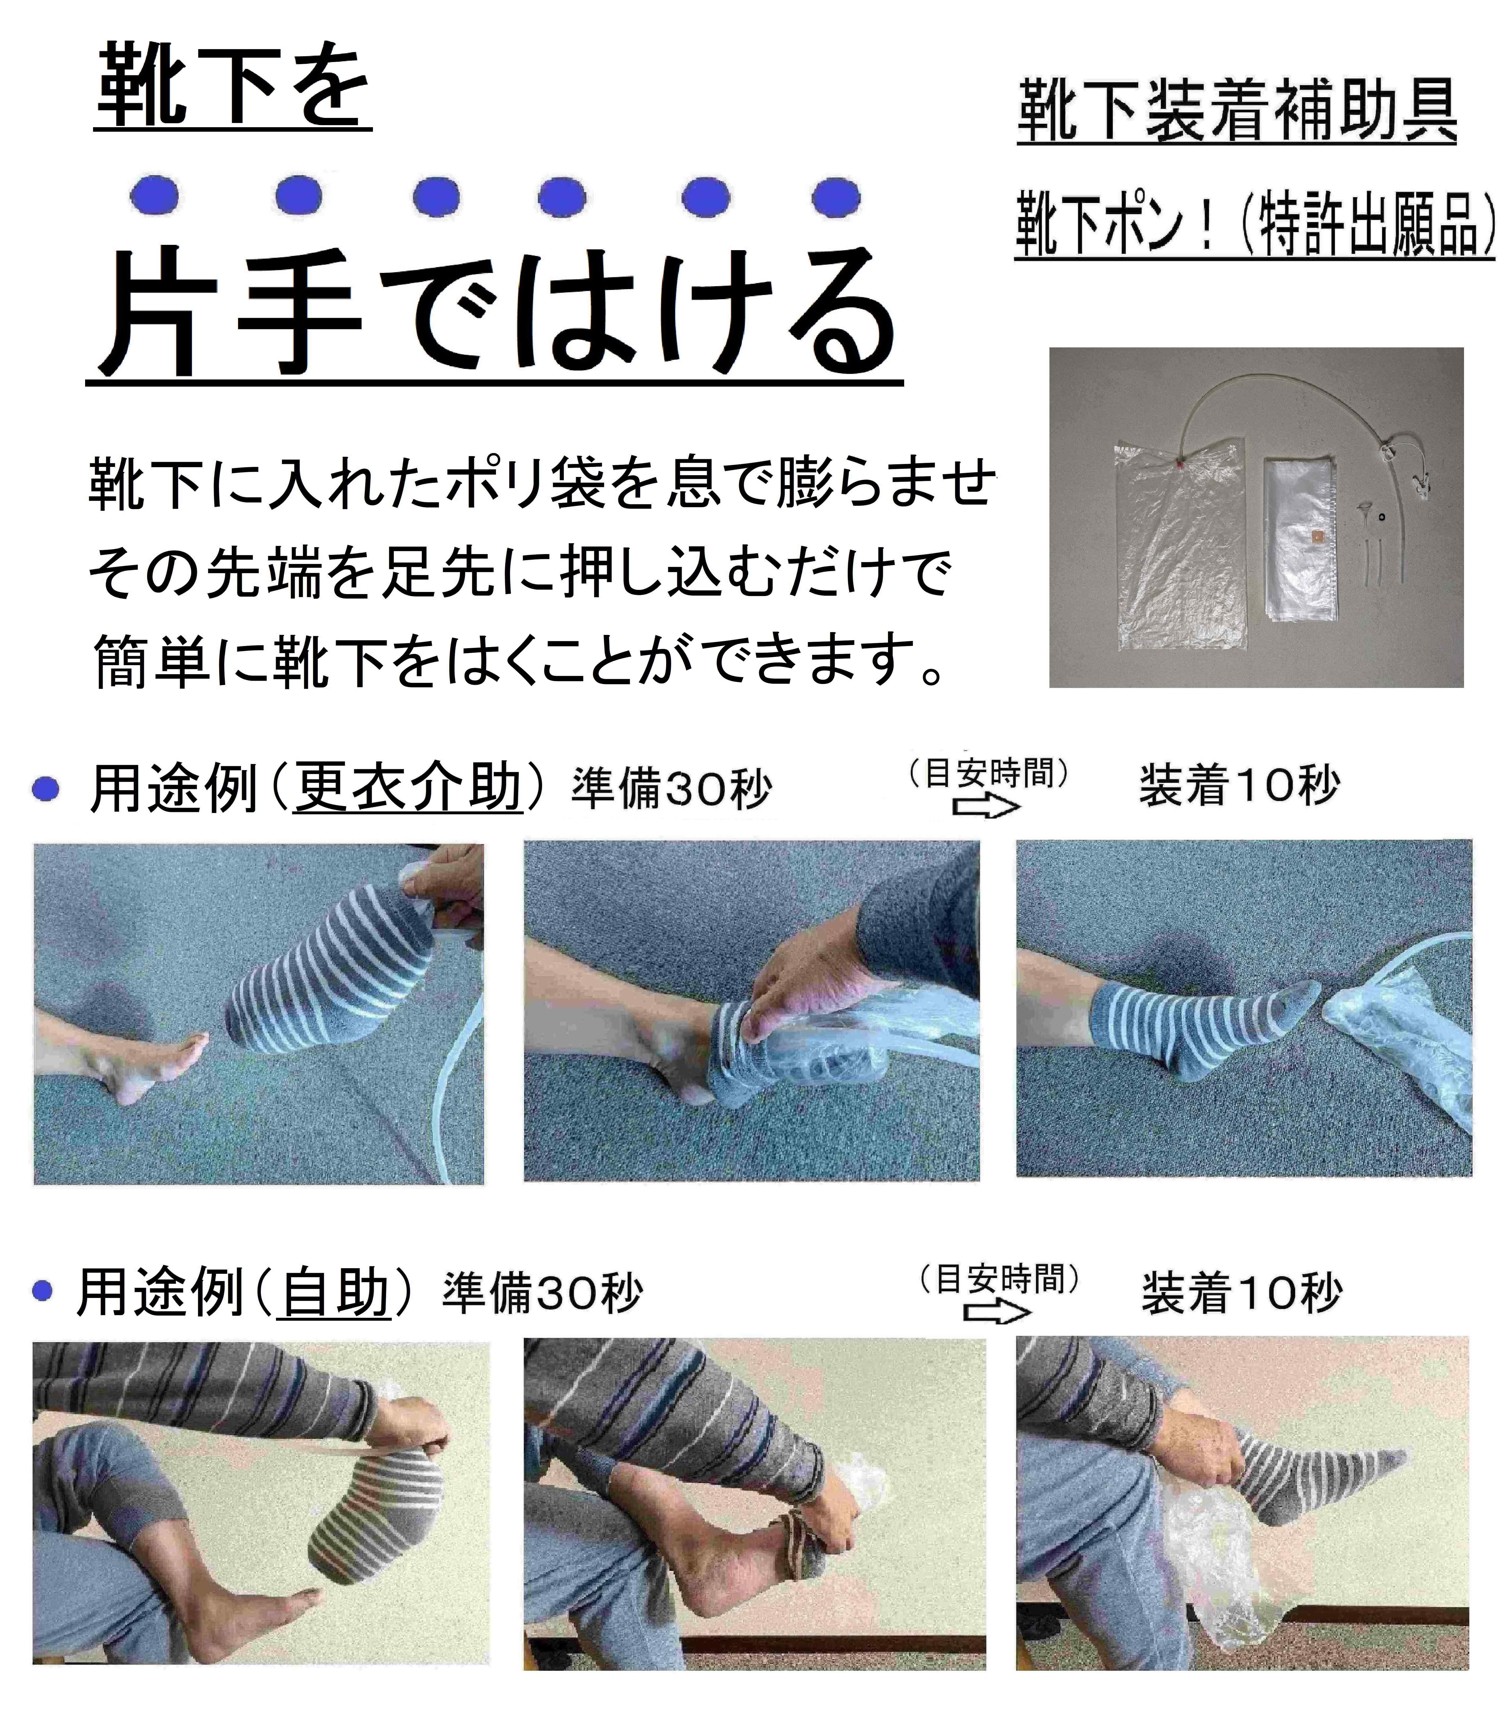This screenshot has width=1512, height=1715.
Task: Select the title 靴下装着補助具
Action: pyautogui.click(x=1237, y=112)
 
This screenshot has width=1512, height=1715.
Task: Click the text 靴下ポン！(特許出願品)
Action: pyautogui.click(x=1254, y=223)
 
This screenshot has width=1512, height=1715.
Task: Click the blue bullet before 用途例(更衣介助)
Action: pyautogui.click(x=45, y=789)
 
